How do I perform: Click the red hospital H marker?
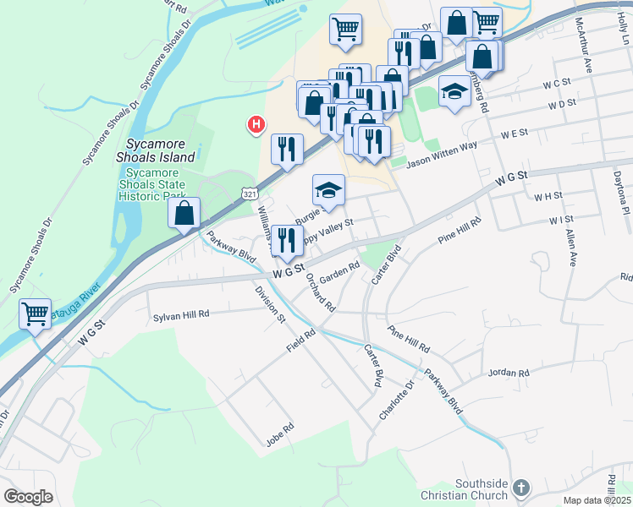pyautogui.click(x=254, y=125)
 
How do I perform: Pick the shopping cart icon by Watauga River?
pyautogui.click(x=35, y=314)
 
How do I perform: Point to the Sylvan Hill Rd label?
pyautogui.click(x=180, y=314)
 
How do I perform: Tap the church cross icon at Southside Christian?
pyautogui.click(x=521, y=488)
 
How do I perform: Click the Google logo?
pyautogui.click(x=28, y=497)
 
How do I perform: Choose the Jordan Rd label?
pyautogui.click(x=509, y=372)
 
